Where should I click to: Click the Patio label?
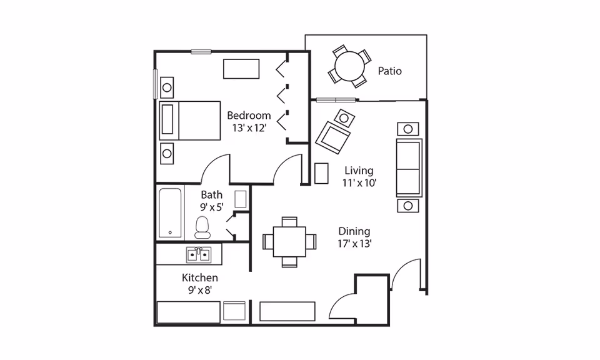coord(389,71)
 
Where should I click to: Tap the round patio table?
coord(349,67)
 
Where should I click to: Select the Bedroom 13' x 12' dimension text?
coord(249,128)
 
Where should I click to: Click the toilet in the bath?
coord(202,227)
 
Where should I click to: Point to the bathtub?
coord(170,212)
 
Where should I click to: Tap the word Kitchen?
coord(200,277)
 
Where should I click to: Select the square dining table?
coord(289,242)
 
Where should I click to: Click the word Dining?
coord(354,231)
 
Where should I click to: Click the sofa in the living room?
coord(409,168)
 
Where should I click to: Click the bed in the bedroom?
coord(190,121)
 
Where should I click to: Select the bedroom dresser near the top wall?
coord(241,69)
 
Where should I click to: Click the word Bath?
coord(212,195)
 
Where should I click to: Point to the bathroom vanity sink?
coord(240,199)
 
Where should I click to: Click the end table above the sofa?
coord(408,129)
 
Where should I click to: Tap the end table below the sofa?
coord(408,206)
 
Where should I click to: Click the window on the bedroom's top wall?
coord(201,52)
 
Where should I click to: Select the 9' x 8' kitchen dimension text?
coord(200,291)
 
